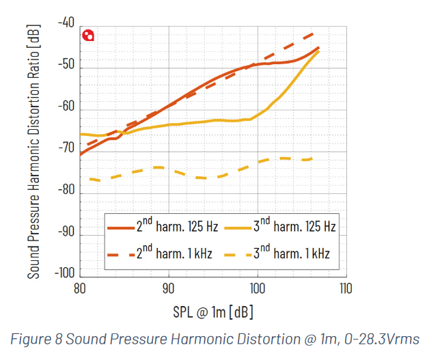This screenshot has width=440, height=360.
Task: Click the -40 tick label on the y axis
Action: pyautogui.click(x=66, y=23)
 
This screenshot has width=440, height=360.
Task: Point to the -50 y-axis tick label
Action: pyautogui.click(x=66, y=68)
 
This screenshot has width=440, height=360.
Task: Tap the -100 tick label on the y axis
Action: pyautogui.click(x=64, y=273)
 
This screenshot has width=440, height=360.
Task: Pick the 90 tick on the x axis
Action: pyautogui.click(x=168, y=288)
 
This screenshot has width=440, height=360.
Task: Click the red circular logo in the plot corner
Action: pyautogui.click(x=88, y=36)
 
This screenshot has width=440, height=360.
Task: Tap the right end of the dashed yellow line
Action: pyautogui.click(x=312, y=159)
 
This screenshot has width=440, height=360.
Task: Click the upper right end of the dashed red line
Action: pyautogui.click(x=314, y=33)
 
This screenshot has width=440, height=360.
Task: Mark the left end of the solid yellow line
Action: pyautogui.click(x=81, y=134)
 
